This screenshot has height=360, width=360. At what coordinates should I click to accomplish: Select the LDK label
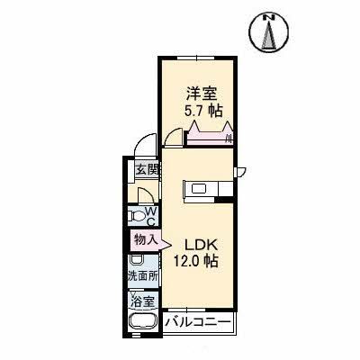[202, 243]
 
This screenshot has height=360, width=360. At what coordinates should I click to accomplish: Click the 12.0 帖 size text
[202, 262]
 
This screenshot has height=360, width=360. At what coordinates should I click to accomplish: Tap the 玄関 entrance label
[147, 168]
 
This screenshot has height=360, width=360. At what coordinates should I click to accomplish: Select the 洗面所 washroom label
[142, 277]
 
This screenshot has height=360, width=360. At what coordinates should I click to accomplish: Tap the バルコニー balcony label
[199, 322]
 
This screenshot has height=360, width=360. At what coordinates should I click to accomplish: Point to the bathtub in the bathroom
[142, 325]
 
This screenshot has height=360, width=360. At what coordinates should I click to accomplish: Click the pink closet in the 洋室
[209, 136]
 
